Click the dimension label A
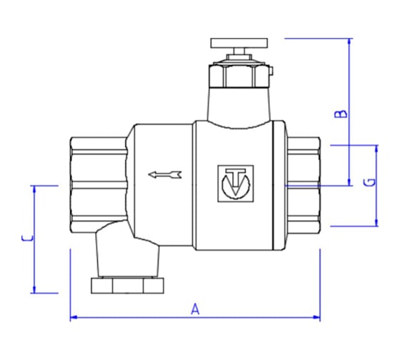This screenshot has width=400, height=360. pyautogui.click(x=194, y=309)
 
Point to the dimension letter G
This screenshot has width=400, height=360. pyautogui.click(x=369, y=184)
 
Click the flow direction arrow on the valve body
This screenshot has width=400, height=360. pyautogui.click(x=165, y=174)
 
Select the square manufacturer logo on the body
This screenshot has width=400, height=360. pyautogui.click(x=234, y=183)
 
